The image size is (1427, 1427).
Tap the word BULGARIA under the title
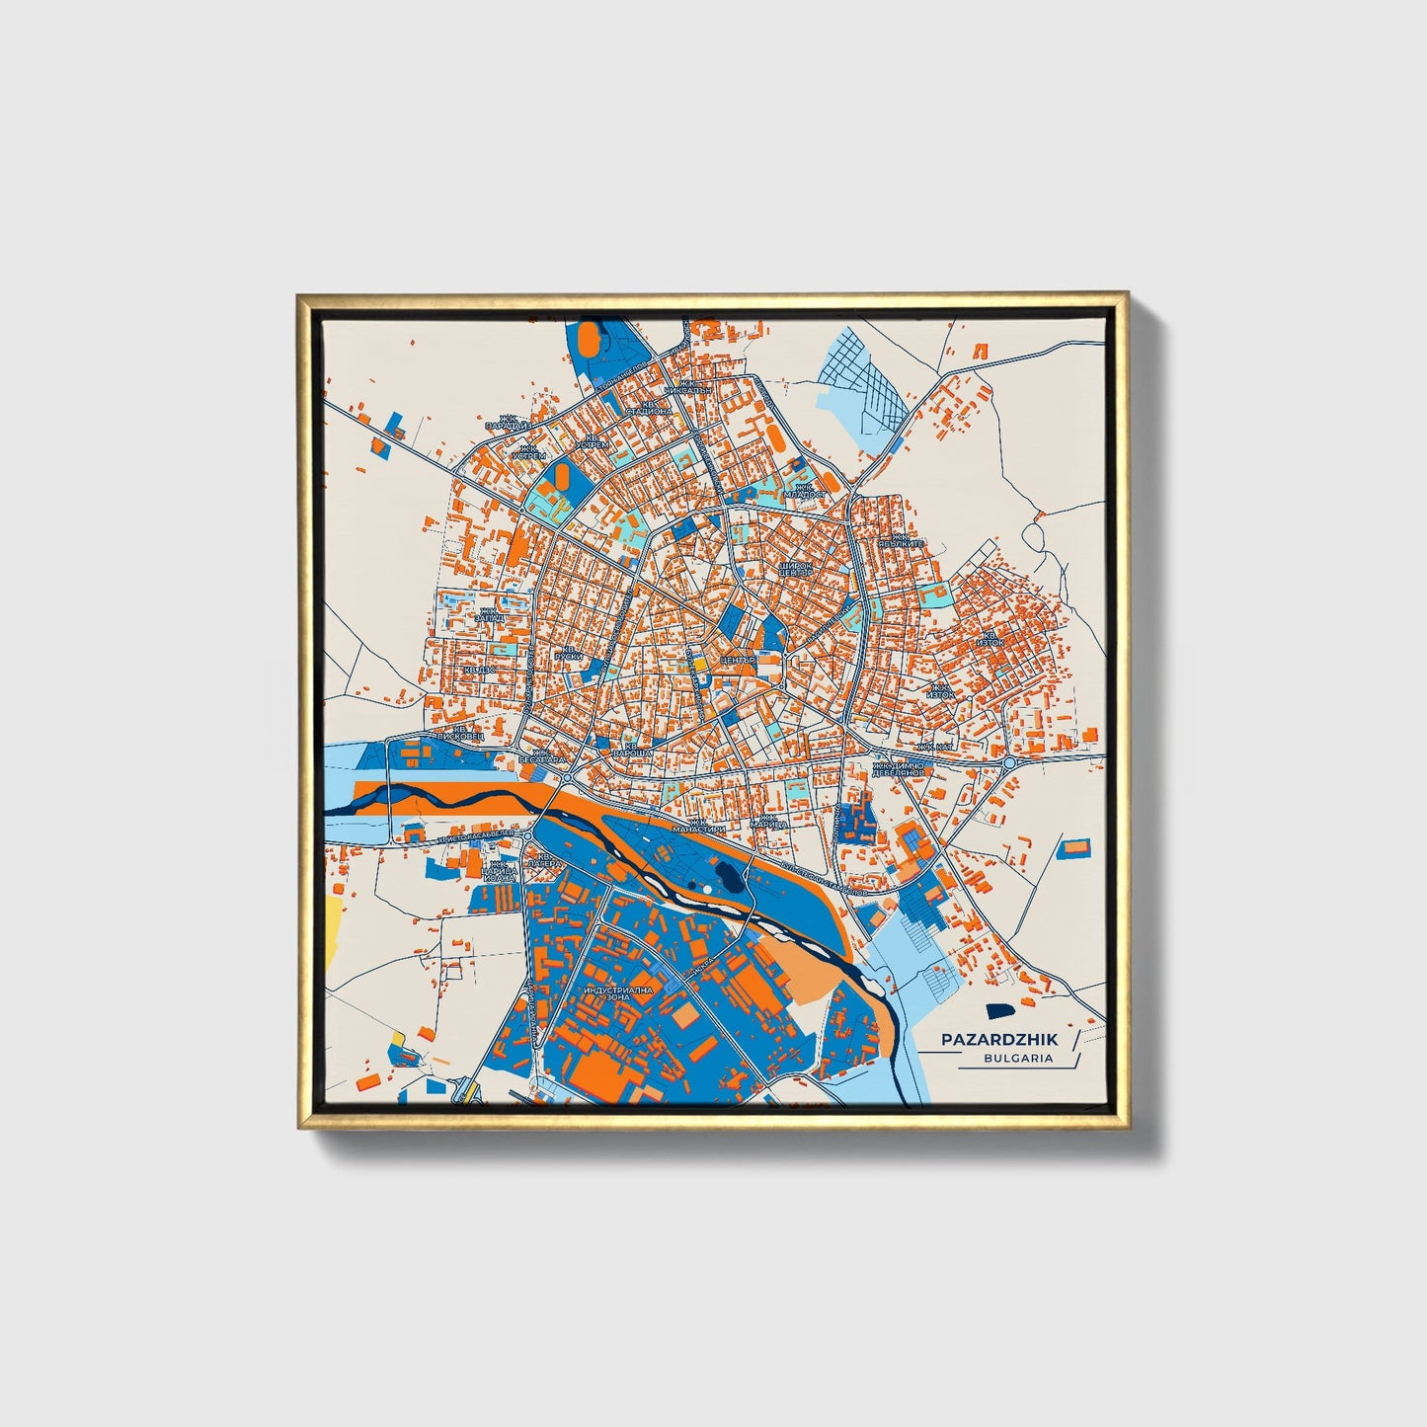(1017, 1058)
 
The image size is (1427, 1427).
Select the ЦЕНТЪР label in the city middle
(737, 659)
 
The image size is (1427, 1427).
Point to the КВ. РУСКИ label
(569, 653)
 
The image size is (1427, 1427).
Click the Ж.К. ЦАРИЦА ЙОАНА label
(499, 870)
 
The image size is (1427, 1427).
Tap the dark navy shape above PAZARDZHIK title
(999, 1011)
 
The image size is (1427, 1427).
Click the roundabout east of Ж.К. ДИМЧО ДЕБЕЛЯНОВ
(1009, 763)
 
